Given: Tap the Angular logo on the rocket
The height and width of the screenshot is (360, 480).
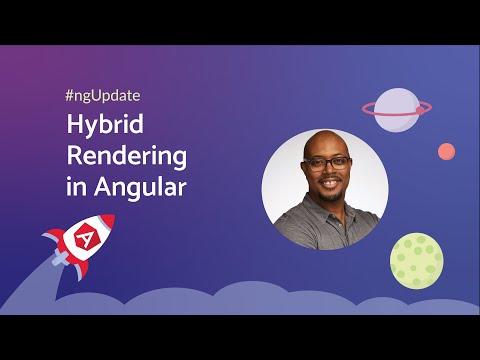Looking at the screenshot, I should (88, 239).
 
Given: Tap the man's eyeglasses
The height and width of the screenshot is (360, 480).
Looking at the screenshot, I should (328, 161).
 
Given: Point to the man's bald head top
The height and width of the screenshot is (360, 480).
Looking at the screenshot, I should (324, 139).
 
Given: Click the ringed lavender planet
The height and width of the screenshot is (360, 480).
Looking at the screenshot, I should (396, 108).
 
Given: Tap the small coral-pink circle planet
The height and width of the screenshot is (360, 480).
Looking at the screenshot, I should (446, 151).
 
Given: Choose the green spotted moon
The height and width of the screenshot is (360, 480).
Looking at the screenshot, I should (416, 260).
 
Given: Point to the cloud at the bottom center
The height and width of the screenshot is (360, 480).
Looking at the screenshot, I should (240, 300).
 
